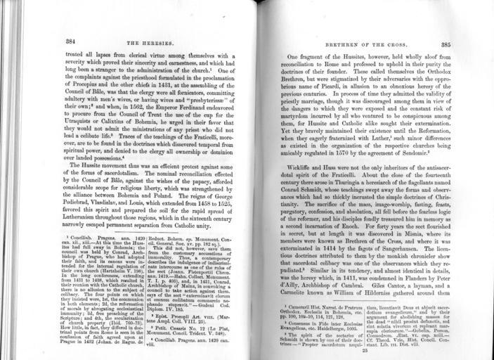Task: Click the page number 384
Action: coord(71,41)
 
